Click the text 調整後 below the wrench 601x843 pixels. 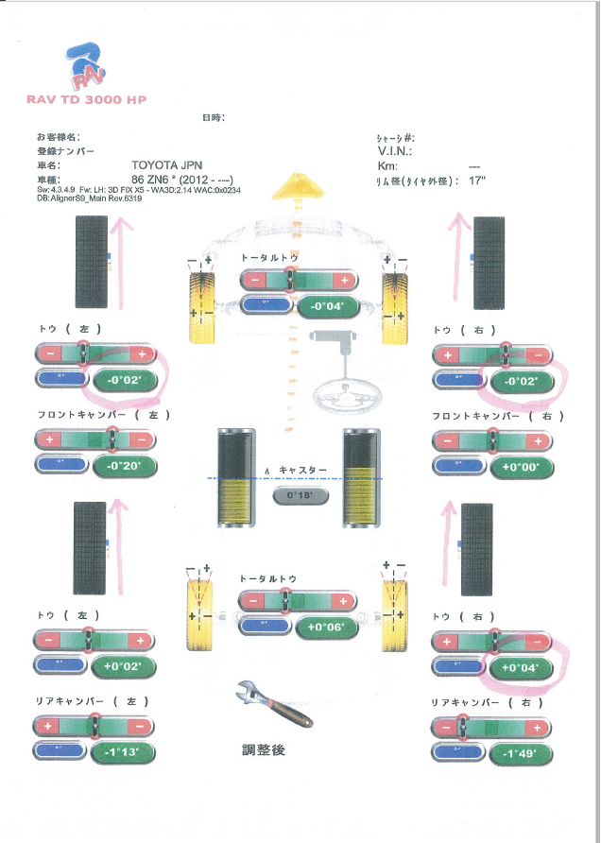[x=264, y=750]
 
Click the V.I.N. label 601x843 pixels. [x=396, y=151]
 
